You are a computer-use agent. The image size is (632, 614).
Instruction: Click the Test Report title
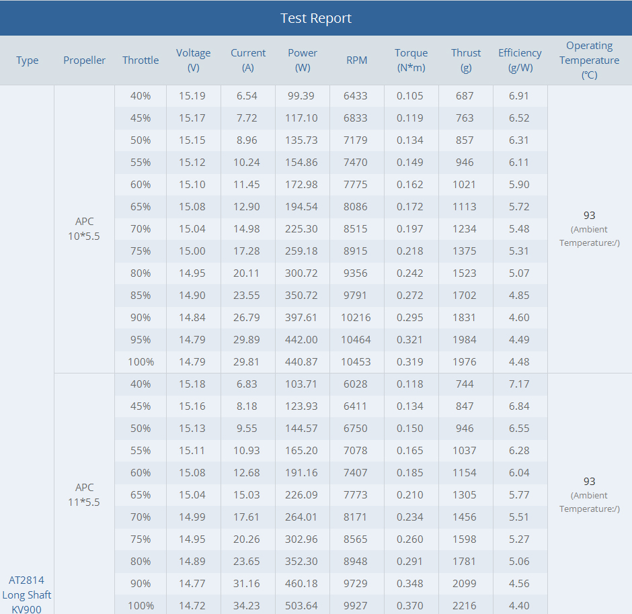click(x=316, y=18)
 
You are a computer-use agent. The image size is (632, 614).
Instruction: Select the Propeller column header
click(x=84, y=60)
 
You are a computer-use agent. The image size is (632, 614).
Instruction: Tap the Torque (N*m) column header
click(x=411, y=60)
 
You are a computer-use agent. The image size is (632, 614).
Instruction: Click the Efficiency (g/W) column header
click(x=520, y=60)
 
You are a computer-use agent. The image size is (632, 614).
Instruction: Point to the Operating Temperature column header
click(x=589, y=60)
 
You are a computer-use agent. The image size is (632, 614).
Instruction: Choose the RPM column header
click(x=356, y=60)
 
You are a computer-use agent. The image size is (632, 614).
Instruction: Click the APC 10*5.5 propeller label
click(x=85, y=228)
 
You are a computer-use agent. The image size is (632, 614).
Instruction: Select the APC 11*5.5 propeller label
click(x=85, y=494)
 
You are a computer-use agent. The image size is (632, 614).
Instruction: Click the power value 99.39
click(x=301, y=96)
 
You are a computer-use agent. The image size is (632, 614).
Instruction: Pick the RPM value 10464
click(x=356, y=340)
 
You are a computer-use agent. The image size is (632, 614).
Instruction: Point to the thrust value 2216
click(x=465, y=606)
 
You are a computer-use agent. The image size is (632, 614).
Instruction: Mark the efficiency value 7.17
click(x=519, y=384)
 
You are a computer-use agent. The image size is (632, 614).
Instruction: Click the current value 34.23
click(x=247, y=606)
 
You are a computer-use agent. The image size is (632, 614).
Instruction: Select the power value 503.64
click(x=302, y=606)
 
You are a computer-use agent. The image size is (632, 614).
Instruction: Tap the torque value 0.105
click(x=410, y=96)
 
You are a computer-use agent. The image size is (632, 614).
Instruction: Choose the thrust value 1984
click(x=465, y=340)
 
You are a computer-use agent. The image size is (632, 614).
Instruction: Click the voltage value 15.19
click(x=192, y=96)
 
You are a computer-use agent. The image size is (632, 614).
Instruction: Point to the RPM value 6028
click(x=356, y=384)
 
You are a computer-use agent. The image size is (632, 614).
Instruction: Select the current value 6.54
click(x=247, y=96)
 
